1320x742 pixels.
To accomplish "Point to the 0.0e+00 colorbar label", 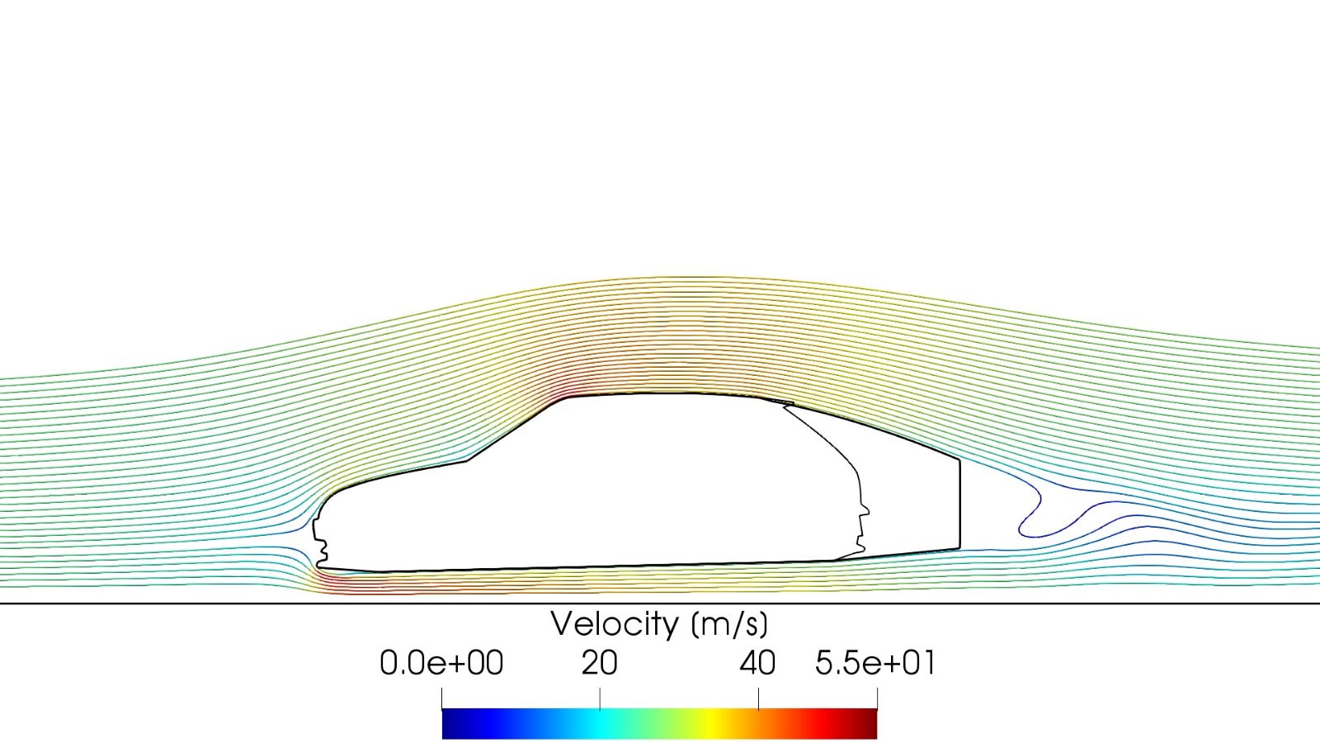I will point(441,663).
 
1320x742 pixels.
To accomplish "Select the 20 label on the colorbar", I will point(599,663).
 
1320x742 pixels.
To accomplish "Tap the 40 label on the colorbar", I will point(757,663).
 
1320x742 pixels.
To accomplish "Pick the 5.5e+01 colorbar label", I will point(875,663).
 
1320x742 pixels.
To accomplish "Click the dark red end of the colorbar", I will point(868,724).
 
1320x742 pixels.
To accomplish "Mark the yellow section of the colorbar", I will point(726,724).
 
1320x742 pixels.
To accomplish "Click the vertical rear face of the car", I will point(959,503).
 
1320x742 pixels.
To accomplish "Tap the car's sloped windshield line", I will point(516,430).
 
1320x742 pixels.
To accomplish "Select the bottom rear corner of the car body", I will point(959,547).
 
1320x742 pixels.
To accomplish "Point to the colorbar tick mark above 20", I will point(600,698).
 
